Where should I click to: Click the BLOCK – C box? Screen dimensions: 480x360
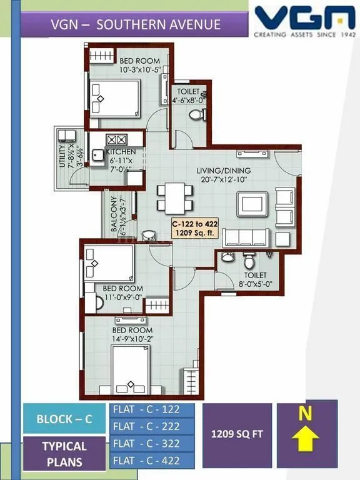point(64,419)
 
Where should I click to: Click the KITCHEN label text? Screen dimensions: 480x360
point(121,152)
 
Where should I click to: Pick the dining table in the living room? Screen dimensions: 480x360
point(171,196)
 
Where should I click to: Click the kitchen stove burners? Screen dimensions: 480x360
point(117,140)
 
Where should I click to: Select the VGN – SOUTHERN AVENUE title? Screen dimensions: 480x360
point(135,25)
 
